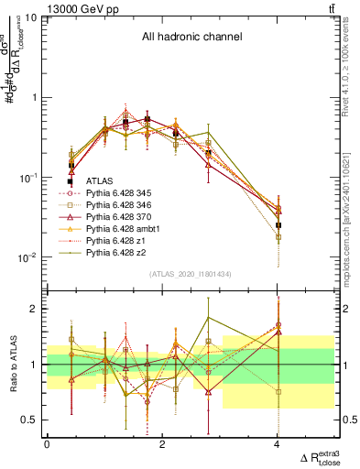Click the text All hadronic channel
click(191, 37)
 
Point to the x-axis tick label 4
click(278, 443)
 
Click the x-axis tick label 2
click(162, 443)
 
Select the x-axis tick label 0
click(47, 443)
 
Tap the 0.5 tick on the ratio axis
click(31, 420)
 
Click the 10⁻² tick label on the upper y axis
click(29, 257)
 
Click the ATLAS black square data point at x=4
click(278, 224)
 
